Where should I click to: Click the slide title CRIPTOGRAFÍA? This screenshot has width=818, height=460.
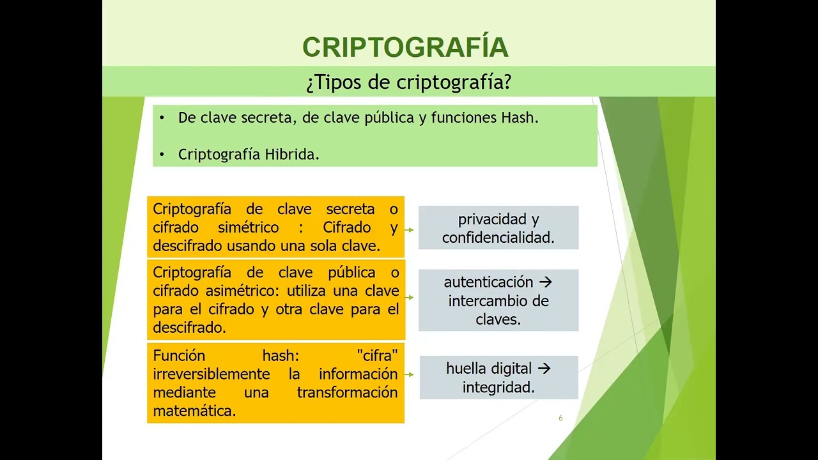(x=405, y=48)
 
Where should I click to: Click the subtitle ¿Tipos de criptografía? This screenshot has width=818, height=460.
(x=408, y=82)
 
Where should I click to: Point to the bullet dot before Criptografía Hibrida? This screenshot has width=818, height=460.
(x=162, y=155)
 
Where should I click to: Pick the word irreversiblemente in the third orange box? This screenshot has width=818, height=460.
(x=212, y=374)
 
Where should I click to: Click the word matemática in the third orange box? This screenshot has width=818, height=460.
(x=194, y=411)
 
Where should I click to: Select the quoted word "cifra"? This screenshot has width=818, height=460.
(x=377, y=355)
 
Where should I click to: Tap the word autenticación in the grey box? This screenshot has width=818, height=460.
(x=488, y=282)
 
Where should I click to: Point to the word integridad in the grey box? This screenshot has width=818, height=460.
(x=498, y=387)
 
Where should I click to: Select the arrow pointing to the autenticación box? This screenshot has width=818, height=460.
(x=410, y=298)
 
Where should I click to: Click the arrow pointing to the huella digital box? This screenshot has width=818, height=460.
(x=410, y=375)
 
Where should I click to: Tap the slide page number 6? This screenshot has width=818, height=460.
(x=560, y=418)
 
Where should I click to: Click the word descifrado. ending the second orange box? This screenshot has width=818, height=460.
(x=190, y=328)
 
